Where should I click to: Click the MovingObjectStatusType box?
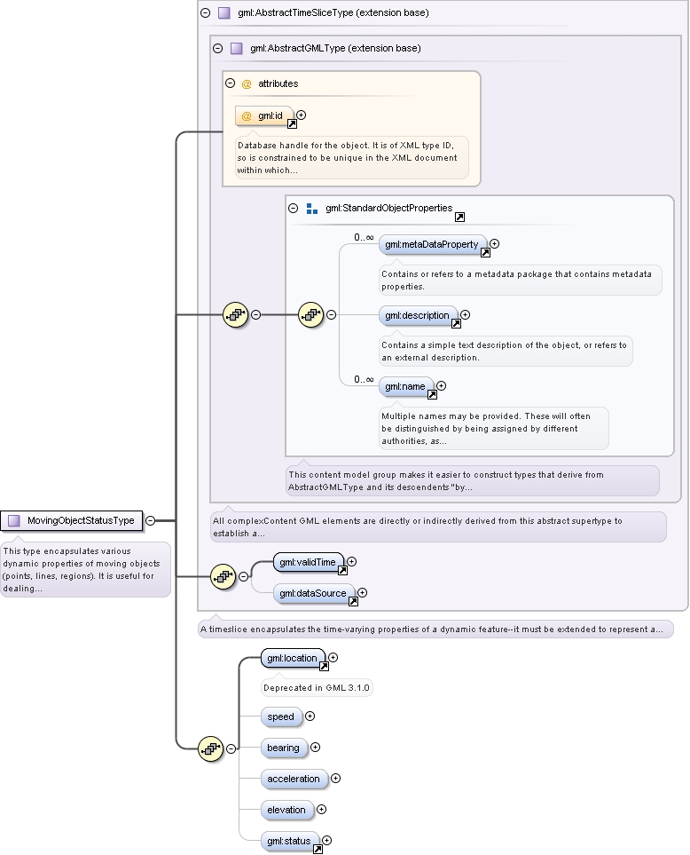[x=71, y=521]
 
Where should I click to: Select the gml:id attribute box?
[x=264, y=116]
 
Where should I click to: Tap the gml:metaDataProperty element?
[x=433, y=245]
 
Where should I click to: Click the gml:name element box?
[x=406, y=386]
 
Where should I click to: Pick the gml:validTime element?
[x=309, y=562]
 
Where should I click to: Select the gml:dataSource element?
[x=314, y=593]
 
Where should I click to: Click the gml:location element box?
[x=293, y=658]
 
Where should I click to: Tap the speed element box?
[x=281, y=717]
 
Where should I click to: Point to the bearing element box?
[x=285, y=748]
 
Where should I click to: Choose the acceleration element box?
[x=294, y=780]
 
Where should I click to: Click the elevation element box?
[x=287, y=811]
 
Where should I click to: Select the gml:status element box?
[x=290, y=842]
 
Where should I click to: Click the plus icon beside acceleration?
[x=335, y=779]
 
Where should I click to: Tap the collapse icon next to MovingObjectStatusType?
[x=150, y=521]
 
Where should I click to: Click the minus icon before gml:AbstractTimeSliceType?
[x=205, y=12]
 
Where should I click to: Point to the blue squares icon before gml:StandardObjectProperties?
[x=312, y=209]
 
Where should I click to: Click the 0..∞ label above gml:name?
[x=364, y=379]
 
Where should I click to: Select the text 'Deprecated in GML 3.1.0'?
[x=317, y=688]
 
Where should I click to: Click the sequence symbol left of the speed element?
[x=211, y=748]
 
